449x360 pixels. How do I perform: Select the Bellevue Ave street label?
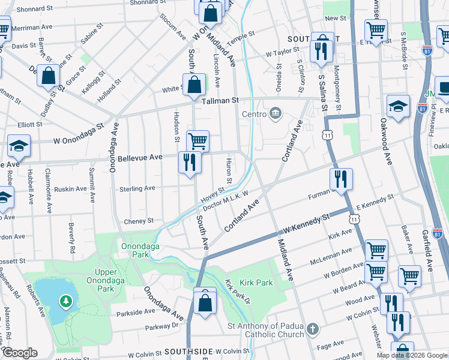pyautogui.click(x=140, y=157)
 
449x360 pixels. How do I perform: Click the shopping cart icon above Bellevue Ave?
pyautogui.click(x=197, y=142)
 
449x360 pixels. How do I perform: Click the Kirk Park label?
pyautogui.click(x=257, y=283)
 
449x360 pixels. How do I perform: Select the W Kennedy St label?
pyautogui.click(x=307, y=223)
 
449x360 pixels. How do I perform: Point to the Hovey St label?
pyautogui.click(x=212, y=194)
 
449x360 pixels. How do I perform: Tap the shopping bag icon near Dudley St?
pyautogui.click(x=49, y=76)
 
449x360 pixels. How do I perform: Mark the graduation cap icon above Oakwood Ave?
pyautogui.click(x=398, y=106)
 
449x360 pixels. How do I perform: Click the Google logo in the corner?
pyautogui.click(x=20, y=353)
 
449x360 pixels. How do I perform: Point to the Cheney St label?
pyautogui.click(x=138, y=221)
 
